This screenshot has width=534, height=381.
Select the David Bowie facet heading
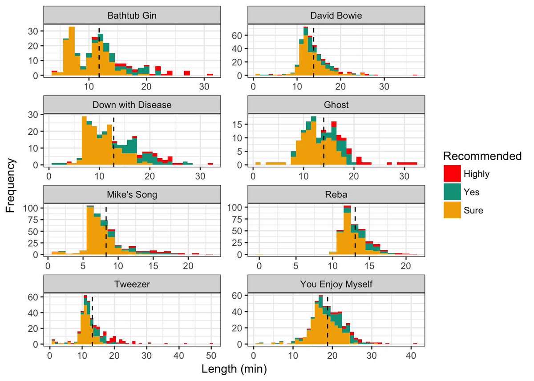click(336, 16)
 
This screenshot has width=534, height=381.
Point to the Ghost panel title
click(336, 105)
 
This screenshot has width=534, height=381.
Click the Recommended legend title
click(482, 156)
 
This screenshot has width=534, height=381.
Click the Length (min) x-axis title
click(234, 369)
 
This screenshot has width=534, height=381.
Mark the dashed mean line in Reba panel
click(355, 231)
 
